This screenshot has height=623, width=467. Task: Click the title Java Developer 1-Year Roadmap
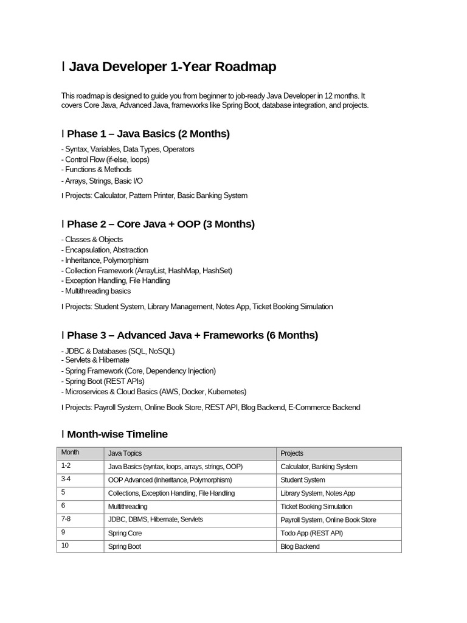[x=172, y=67]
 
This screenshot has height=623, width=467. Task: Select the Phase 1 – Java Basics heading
[x=148, y=134]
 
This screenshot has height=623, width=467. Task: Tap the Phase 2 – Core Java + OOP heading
[x=161, y=224]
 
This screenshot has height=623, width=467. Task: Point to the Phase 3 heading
[x=192, y=335]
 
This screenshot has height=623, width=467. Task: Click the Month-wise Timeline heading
[x=117, y=434]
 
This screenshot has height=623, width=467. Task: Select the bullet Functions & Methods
[x=98, y=170]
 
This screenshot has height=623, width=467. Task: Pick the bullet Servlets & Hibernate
[x=97, y=360]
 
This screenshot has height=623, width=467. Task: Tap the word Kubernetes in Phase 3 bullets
[x=226, y=391]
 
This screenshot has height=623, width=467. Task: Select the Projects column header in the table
[x=292, y=453]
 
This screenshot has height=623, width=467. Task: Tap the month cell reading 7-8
[x=66, y=519]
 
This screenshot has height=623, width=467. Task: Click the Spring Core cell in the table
[x=125, y=533]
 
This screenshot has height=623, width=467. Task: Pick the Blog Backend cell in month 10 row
[x=300, y=546]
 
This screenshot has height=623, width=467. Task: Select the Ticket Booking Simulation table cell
[x=316, y=506]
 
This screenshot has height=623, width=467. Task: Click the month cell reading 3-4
[x=66, y=479]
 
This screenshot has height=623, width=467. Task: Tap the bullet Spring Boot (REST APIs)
[x=105, y=381]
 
